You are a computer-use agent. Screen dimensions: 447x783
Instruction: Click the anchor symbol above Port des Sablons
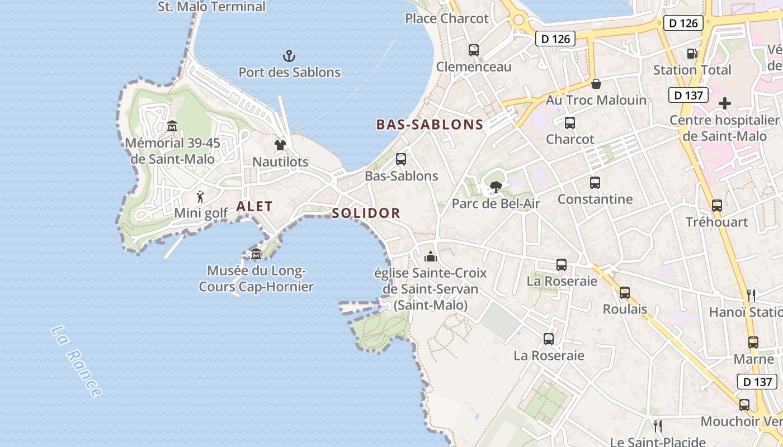289,55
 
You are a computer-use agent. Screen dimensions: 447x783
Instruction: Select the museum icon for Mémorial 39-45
172,126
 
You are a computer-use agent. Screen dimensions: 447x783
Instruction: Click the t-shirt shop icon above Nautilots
280,145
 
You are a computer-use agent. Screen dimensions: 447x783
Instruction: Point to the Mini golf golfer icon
200,197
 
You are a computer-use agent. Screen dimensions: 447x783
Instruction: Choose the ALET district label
254,206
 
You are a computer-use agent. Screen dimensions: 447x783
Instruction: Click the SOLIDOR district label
366,213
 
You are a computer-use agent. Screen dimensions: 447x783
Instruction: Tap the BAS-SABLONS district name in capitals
430,125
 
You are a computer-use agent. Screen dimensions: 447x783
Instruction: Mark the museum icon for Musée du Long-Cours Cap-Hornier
256,254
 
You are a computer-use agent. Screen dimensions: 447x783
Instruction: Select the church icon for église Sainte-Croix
431,257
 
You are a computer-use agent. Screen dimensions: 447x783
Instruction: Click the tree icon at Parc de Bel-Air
496,187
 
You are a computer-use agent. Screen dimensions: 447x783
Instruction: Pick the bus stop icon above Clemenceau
474,50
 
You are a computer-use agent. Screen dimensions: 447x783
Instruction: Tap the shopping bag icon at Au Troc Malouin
596,84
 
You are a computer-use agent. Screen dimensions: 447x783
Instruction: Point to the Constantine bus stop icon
595,183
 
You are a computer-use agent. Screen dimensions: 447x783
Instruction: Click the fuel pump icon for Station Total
692,54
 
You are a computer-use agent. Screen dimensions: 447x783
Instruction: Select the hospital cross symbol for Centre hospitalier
725,103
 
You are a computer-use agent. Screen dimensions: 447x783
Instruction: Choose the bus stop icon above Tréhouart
717,206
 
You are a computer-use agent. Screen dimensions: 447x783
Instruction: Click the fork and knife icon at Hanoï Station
752,295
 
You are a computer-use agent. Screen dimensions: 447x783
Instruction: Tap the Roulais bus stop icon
625,292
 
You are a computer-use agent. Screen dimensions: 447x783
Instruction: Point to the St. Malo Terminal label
212,7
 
